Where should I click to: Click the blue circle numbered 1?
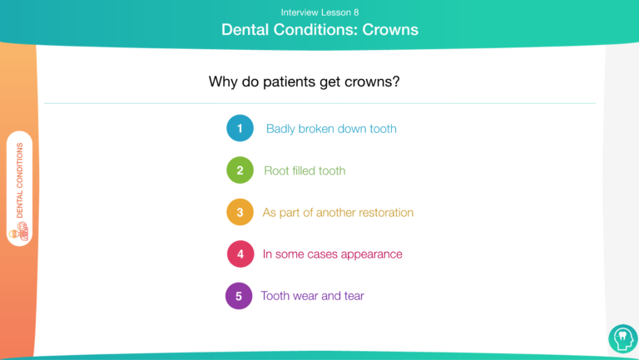(x=240, y=128)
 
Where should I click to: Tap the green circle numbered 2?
(x=240, y=170)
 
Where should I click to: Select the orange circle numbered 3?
(x=240, y=212)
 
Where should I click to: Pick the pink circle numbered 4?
(x=240, y=254)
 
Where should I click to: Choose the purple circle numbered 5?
(x=239, y=296)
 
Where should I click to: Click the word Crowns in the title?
(x=390, y=30)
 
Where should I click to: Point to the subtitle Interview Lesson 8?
(x=319, y=12)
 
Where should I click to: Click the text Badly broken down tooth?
(x=331, y=129)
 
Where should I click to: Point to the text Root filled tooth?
(x=305, y=170)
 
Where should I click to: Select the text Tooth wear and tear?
(x=313, y=296)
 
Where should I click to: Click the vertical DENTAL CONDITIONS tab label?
(x=20, y=180)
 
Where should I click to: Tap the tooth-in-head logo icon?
(x=623, y=338)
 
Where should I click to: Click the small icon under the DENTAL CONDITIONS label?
(x=20, y=232)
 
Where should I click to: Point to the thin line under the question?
(x=319, y=103)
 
